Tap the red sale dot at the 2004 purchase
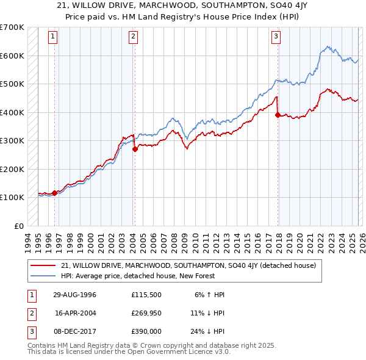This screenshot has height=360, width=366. (135, 149)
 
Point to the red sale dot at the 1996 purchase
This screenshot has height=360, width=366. (55, 193)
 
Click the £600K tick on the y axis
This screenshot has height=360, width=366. (12, 56)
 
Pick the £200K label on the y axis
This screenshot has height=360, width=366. (12, 169)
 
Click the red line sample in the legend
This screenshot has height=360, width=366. (43, 266)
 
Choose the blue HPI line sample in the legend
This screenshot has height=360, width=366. (43, 276)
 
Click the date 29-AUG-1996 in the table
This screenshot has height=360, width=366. (75, 295)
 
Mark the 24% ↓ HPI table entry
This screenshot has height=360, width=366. (207, 331)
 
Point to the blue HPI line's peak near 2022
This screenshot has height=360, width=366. (328, 46)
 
